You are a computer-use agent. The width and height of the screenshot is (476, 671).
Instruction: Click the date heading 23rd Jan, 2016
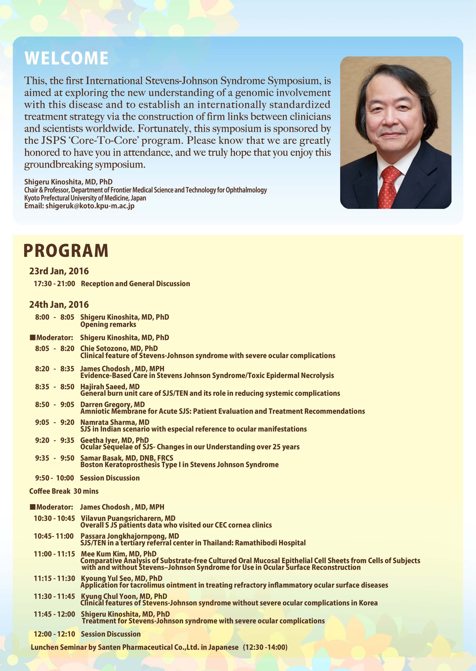pyautogui.click(x=59, y=271)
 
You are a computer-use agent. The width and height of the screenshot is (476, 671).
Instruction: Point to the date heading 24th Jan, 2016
pyautogui.click(x=59, y=305)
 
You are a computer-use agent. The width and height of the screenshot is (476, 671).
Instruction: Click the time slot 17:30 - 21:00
pyautogui.click(x=55, y=284)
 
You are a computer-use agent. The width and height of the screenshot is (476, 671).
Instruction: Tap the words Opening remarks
pyautogui.click(x=108, y=324)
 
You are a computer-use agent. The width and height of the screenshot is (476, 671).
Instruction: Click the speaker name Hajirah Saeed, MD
pyautogui.click(x=110, y=387)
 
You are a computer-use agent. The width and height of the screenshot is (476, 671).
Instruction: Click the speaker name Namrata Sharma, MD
pyautogui.click(x=115, y=422)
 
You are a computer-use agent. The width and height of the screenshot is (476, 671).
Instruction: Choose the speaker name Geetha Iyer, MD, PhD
pyautogui.click(x=114, y=440)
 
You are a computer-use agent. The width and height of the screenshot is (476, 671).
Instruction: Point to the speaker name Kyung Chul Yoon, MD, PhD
pyautogui.click(x=124, y=596)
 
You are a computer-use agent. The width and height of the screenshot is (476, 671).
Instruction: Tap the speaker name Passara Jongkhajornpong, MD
pyautogui.click(x=130, y=536)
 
